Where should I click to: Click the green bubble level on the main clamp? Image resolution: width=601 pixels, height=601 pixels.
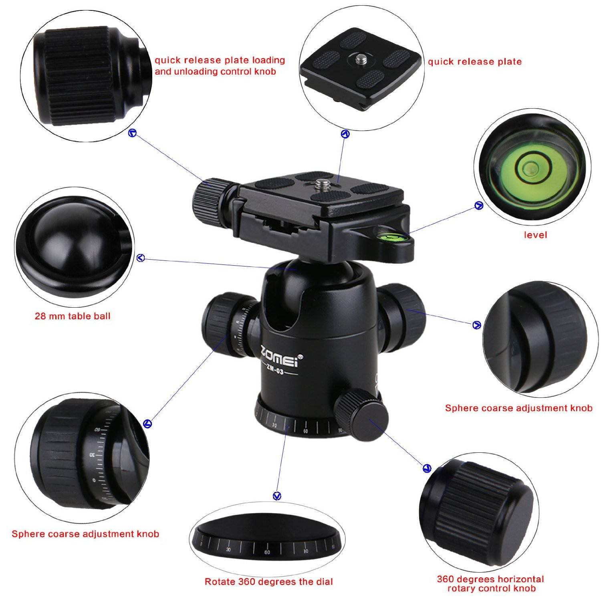click(x=388, y=236)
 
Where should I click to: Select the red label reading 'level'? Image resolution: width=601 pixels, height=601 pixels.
click(x=535, y=235)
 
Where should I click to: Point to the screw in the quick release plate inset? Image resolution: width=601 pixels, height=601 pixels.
click(x=360, y=60)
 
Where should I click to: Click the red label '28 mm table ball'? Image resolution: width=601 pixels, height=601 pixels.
click(x=73, y=316)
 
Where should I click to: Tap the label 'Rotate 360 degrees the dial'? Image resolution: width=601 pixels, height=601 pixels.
click(x=268, y=582)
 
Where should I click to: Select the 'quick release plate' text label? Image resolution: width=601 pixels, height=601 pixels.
click(x=475, y=62)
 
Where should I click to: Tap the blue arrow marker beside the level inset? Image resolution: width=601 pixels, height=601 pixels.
click(x=478, y=206)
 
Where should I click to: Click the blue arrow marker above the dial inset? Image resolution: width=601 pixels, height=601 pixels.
click(x=277, y=496)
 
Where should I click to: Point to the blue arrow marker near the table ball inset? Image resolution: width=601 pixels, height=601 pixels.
click(x=141, y=258)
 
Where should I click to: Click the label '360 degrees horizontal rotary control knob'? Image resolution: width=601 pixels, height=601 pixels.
click(x=490, y=584)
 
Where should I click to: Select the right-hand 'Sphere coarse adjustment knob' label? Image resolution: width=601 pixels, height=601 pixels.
click(x=518, y=408)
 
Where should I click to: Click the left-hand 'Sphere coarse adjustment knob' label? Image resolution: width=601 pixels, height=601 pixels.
click(x=85, y=534)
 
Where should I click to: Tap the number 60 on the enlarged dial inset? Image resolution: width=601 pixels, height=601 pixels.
click(x=267, y=552)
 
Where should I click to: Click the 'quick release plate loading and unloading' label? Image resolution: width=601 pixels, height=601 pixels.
click(x=220, y=66)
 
